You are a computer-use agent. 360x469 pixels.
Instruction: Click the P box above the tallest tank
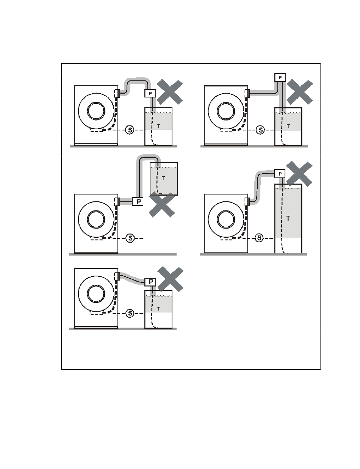click(x=280, y=173)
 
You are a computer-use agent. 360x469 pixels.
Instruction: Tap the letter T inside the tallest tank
click(x=288, y=218)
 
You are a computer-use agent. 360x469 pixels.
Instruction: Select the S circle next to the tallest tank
click(x=260, y=238)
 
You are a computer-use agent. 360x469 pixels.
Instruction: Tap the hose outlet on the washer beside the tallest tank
click(x=247, y=201)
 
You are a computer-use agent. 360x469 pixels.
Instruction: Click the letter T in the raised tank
click(x=163, y=178)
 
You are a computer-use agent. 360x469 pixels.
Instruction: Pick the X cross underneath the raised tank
click(x=162, y=204)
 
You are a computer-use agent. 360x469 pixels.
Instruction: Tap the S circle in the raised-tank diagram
click(x=130, y=238)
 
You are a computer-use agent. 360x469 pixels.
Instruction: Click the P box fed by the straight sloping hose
click(x=151, y=282)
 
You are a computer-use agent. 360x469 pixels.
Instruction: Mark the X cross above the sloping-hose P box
click(x=170, y=278)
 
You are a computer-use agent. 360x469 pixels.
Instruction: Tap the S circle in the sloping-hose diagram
click(x=130, y=313)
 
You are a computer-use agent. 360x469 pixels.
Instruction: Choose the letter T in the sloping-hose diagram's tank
click(x=159, y=309)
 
